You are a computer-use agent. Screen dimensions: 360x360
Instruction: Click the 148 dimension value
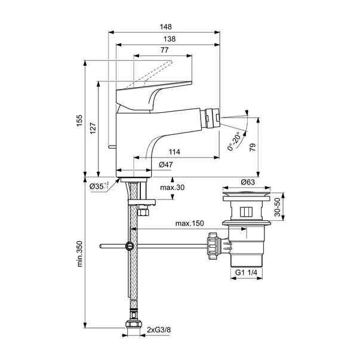click(166, 27)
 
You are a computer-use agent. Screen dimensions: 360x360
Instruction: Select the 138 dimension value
click(170, 39)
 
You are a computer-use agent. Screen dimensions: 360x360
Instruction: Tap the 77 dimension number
click(164, 50)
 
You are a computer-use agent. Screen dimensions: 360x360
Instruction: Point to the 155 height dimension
click(79, 121)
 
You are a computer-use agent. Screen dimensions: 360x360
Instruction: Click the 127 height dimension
click(93, 128)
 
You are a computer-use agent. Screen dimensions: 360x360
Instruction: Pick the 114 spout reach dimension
click(174, 152)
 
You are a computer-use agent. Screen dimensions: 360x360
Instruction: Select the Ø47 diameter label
click(166, 165)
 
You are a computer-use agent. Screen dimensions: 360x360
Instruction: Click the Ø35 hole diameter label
click(99, 186)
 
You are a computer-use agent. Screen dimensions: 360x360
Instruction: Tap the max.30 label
click(172, 187)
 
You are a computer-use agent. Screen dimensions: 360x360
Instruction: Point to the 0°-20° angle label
click(233, 141)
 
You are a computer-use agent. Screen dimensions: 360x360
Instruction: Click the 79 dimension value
click(253, 147)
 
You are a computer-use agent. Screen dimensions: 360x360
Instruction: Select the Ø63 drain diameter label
click(248, 182)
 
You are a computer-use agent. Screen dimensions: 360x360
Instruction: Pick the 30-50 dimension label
click(278, 207)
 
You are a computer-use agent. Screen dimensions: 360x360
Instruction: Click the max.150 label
click(189, 223)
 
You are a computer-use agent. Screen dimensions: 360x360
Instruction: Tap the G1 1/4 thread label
click(246, 272)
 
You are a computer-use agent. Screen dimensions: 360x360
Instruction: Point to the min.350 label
click(79, 254)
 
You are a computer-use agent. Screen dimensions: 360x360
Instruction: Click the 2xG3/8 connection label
click(159, 330)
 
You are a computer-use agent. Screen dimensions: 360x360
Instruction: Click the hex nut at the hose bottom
click(134, 324)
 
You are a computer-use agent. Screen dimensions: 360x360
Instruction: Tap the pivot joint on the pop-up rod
click(130, 246)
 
